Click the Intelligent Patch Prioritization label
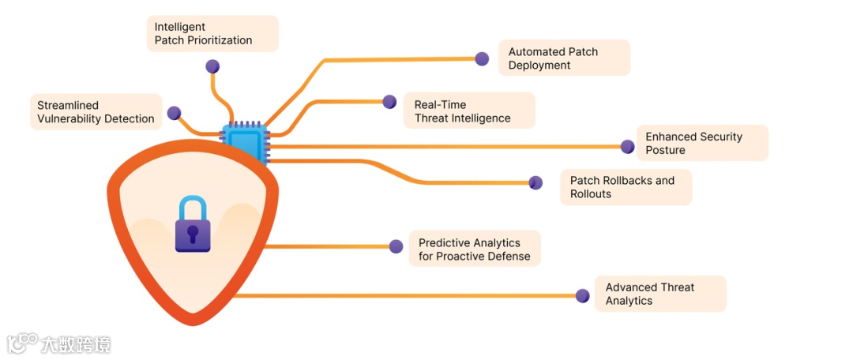tap(212, 33)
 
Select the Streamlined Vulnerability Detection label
tap(96, 112)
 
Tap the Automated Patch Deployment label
tap(564, 58)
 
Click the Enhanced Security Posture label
tap(701, 143)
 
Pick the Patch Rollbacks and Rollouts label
tap(626, 187)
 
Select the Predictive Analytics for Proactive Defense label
tap(475, 249)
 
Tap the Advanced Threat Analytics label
tap(659, 294)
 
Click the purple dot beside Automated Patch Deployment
tap(482, 58)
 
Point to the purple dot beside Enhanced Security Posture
tap(628, 146)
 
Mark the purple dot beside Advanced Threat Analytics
tap(583, 296)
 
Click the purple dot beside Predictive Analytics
tap(396, 246)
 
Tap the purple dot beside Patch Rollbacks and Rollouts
tap(535, 182)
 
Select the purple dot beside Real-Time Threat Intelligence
tap(389, 101)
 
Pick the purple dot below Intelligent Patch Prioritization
tap(212, 66)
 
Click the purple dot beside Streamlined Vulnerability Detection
tap(174, 113)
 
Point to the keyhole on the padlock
tap(193, 233)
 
